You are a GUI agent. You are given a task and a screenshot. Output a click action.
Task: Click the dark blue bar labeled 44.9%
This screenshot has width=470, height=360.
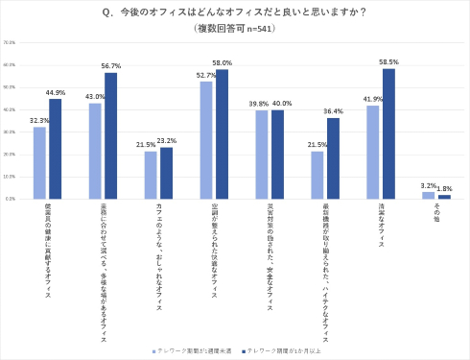(55, 149)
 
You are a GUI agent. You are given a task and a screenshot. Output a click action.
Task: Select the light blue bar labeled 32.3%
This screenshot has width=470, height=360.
(39, 163)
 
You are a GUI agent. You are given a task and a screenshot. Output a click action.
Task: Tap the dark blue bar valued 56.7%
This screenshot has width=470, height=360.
(110, 136)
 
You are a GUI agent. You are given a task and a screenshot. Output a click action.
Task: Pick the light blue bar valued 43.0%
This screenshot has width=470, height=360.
(95, 151)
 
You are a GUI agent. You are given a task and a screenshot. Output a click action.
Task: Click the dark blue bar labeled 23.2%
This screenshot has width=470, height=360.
(166, 173)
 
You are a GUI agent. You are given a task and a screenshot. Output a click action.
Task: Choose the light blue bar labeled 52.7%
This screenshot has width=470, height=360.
(205, 140)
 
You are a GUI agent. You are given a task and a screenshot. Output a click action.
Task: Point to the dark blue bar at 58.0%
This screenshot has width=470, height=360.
(222, 134)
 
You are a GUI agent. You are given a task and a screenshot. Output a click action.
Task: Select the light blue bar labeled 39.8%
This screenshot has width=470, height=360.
(261, 155)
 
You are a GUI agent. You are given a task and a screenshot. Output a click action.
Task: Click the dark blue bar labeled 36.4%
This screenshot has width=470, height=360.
(332, 158)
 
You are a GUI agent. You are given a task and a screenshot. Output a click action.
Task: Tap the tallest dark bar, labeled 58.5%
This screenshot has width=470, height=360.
(388, 133)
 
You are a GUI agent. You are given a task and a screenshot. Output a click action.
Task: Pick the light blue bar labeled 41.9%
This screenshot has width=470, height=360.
(372, 153)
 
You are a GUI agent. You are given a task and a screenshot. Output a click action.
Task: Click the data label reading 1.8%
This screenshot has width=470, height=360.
(445, 188)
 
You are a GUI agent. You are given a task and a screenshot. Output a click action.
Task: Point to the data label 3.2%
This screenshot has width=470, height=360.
(428, 185)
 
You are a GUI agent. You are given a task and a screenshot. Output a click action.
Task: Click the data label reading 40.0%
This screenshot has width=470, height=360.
(282, 104)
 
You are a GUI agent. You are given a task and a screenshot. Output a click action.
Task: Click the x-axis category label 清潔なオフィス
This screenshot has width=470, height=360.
(381, 227)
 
